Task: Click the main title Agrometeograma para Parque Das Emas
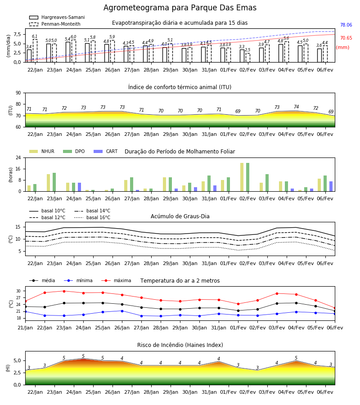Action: click(180, 8)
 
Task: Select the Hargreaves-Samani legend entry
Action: click(57, 17)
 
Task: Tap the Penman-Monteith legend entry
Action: click(55, 24)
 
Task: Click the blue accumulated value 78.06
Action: click(346, 25)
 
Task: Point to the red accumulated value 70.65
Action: click(346, 38)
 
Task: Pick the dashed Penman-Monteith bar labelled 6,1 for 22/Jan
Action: click(35, 50)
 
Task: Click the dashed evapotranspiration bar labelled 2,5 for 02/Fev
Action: click(247, 58)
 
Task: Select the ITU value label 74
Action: click(296, 107)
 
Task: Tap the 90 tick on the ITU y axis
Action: click(18, 93)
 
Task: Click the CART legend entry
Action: click(106, 151)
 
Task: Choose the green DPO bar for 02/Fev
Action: click(247, 177)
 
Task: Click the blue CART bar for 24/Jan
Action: click(80, 187)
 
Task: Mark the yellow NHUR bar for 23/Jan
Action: click(48, 183)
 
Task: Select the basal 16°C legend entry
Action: click(92, 217)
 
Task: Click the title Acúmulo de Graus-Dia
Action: click(180, 216)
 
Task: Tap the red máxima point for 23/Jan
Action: click(64, 291)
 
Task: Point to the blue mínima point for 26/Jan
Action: click(122, 311)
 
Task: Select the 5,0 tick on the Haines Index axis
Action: click(17, 360)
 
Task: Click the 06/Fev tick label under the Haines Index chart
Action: click(325, 392)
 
